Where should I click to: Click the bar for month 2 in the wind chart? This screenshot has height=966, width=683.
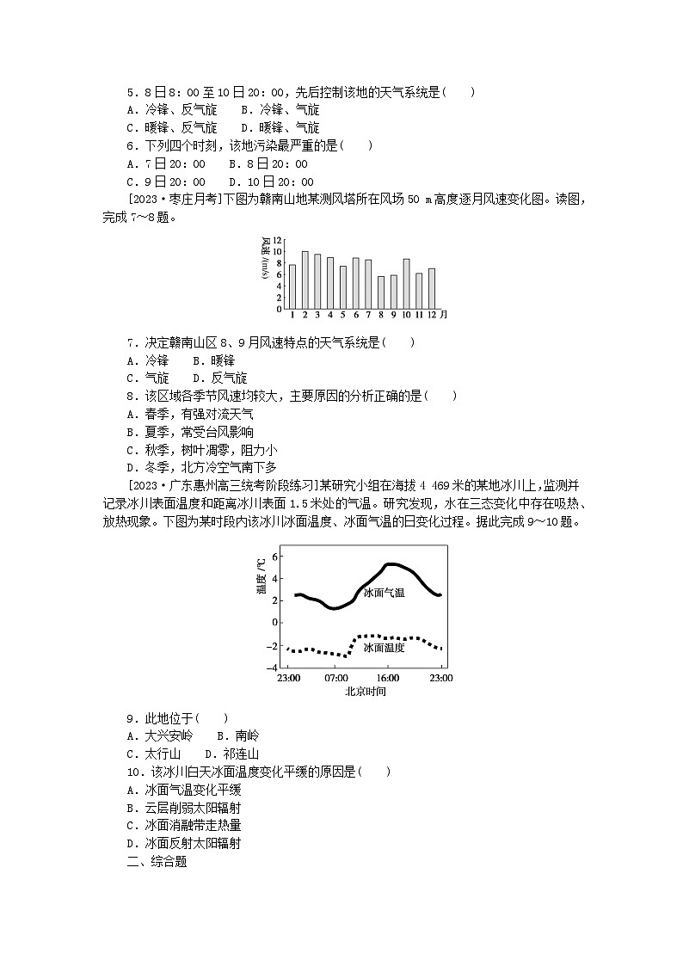[305, 280]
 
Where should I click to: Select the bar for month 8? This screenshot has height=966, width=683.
[381, 292]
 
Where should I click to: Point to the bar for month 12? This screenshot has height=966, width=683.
[431, 288]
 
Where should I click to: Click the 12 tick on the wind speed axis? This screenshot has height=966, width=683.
[278, 240]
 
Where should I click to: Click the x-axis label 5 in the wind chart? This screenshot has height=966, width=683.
[343, 315]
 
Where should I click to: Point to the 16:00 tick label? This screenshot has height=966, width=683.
[388, 678]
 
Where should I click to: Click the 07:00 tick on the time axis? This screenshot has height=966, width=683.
[336, 678]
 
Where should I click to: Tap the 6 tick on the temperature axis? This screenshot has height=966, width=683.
[275, 556]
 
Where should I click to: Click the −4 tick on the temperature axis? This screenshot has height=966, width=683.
[273, 668]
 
